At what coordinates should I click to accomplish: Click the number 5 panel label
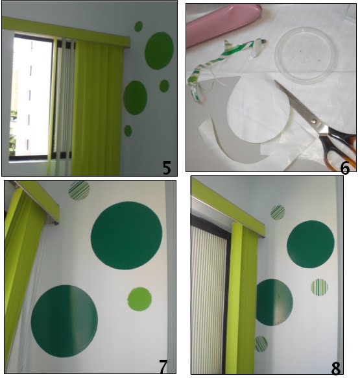click(x=167, y=168)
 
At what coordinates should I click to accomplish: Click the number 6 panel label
click(x=344, y=168)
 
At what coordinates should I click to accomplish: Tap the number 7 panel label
click(x=163, y=366)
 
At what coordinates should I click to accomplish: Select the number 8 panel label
click(x=336, y=368)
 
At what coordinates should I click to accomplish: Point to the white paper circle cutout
click(x=258, y=110)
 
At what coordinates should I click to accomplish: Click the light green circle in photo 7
click(x=139, y=299)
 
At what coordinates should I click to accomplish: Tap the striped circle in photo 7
click(x=79, y=190)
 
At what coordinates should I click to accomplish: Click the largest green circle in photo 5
click(x=159, y=51)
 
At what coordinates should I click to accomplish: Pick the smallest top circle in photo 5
click(x=138, y=26)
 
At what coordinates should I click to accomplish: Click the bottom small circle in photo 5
click(x=128, y=131)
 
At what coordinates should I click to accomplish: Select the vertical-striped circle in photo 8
click(x=320, y=287)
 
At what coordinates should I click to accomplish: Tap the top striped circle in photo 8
click(x=278, y=212)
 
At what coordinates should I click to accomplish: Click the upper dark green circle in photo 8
click(x=311, y=244)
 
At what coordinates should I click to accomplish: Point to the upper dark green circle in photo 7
click(x=126, y=236)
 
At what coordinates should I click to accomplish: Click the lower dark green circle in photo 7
click(x=64, y=321)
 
